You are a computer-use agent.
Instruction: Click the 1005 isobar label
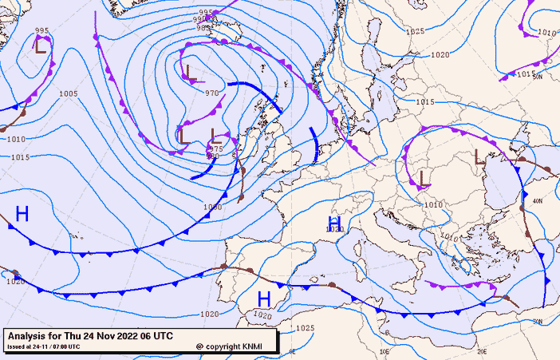69,94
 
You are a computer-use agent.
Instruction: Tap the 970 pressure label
211,93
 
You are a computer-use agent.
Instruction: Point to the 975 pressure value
215,149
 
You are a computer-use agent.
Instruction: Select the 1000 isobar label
212,207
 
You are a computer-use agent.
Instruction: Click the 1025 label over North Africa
305,328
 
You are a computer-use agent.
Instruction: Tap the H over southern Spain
264,299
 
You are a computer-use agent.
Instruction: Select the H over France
335,223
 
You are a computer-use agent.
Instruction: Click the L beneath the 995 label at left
40,46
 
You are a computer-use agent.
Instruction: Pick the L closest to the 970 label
191,73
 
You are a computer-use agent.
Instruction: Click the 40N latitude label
538,201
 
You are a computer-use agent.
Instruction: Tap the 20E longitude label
482,351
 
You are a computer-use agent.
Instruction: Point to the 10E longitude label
385,351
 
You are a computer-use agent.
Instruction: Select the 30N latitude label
538,322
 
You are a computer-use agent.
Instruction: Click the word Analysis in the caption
30,335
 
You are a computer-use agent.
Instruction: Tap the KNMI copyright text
235,346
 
